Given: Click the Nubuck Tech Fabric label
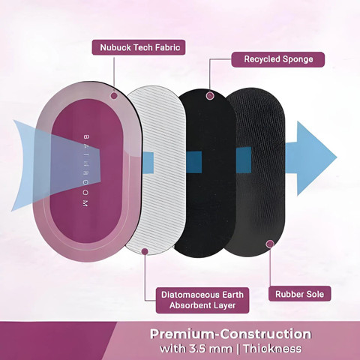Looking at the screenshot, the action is [x=139, y=47].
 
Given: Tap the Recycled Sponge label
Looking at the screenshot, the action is [x=278, y=59].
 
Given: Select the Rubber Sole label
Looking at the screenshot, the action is [x=299, y=294].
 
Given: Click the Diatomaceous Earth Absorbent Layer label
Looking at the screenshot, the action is [x=202, y=300].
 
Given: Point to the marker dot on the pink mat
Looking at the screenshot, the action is [x=114, y=95].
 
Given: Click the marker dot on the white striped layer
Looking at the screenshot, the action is [x=145, y=251].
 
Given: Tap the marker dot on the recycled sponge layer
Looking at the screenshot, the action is [x=211, y=95].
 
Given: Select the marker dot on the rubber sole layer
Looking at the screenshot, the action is [x=270, y=244].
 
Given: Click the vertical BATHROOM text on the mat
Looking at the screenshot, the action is [x=85, y=172].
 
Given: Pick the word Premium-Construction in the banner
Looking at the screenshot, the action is [x=230, y=334].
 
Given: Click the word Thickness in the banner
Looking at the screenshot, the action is [x=272, y=348].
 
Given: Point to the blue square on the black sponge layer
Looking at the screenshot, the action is [x=193, y=162].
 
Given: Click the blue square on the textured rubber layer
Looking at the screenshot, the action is [x=244, y=160].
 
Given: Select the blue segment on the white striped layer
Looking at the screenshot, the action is [x=148, y=162].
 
